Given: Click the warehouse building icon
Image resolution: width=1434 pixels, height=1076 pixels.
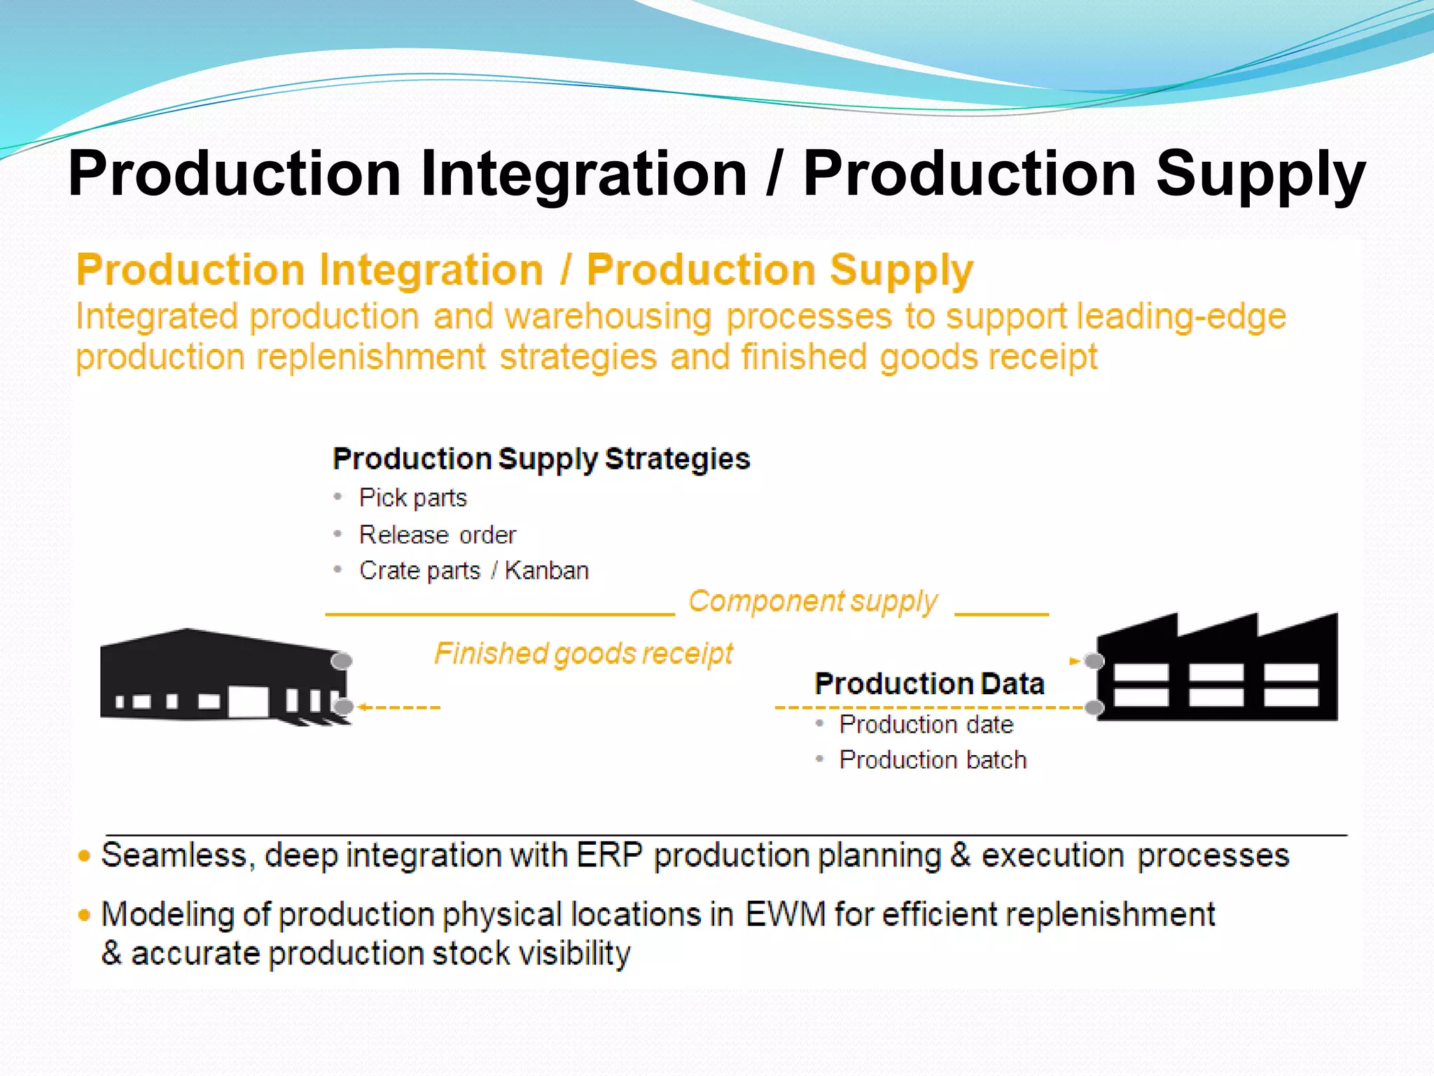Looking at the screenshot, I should click(x=221, y=676).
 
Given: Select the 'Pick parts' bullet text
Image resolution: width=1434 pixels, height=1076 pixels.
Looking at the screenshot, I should click(x=412, y=497).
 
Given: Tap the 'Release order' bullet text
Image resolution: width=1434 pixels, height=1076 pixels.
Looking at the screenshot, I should click(x=438, y=534).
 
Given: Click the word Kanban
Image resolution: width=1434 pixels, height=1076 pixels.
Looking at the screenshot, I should click(x=547, y=570).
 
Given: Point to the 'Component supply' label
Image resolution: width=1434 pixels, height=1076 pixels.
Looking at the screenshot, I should click(x=812, y=601).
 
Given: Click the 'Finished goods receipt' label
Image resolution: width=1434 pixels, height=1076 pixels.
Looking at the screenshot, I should click(x=583, y=653).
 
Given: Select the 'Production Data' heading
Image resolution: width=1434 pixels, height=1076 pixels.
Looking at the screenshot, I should click(x=929, y=683).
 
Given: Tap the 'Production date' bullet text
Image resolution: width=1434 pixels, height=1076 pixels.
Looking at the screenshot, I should click(x=926, y=724).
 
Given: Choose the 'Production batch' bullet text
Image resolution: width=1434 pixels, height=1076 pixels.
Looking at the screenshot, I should click(x=933, y=759).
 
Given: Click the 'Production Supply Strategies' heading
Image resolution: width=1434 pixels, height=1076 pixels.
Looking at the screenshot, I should click(x=541, y=459).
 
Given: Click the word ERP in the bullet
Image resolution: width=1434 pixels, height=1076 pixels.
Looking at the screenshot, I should click(x=608, y=855).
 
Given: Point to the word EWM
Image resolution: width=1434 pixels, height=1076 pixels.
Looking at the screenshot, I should click(x=785, y=914).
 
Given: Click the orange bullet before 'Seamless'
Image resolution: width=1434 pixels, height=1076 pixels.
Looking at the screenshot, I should click(x=85, y=856).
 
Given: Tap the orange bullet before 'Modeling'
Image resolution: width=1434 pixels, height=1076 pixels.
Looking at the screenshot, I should click(x=85, y=915).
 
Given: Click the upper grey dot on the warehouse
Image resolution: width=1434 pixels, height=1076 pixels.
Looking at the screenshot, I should click(x=342, y=661).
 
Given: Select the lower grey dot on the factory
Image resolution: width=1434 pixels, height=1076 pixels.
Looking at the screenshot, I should click(x=1094, y=708).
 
